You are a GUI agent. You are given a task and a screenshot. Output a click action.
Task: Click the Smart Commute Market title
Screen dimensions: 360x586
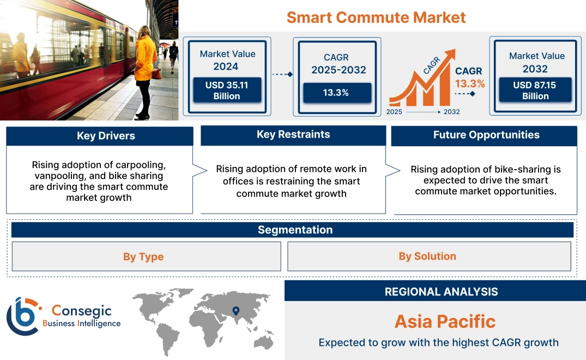(376, 17)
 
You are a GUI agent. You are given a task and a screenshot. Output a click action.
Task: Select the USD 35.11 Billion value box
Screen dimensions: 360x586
(227, 90)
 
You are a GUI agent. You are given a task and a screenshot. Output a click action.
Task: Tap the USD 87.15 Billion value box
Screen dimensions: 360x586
(535, 90)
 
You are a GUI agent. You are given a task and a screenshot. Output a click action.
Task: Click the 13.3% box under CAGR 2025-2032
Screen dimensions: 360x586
(336, 93)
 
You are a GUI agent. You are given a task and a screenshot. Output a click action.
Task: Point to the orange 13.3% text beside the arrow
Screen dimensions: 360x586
(470, 84)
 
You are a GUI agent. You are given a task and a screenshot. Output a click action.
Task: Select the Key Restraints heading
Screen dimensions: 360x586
(293, 135)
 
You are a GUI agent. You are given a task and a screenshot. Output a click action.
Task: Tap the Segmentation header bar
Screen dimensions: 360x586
(295, 230)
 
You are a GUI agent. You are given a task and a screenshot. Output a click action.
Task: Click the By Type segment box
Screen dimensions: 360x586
(143, 257)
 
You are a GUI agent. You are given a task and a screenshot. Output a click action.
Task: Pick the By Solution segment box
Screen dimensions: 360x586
(427, 256)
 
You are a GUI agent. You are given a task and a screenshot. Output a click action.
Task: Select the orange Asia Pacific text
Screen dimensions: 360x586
(445, 321)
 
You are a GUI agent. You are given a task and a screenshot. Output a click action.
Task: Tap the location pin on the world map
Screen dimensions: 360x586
(235, 311)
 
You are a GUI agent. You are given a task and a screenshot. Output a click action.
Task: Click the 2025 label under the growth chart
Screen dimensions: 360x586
(395, 112)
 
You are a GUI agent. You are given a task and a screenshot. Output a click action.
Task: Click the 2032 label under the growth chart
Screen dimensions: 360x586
(451, 112)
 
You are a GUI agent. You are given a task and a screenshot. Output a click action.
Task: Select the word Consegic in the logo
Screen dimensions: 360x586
(81, 311)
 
